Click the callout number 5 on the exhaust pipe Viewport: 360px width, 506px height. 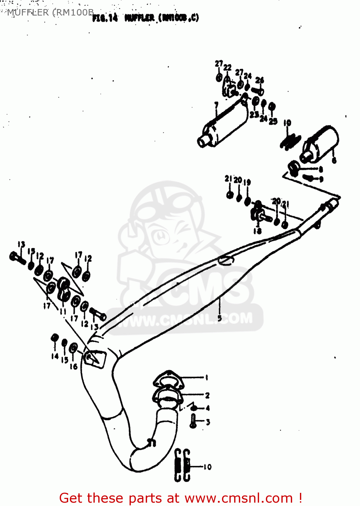point(220,318)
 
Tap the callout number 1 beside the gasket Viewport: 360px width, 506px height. point(206,377)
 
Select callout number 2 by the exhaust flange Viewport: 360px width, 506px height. point(207,395)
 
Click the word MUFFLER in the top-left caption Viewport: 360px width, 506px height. point(28,12)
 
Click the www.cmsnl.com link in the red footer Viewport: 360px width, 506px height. point(239,498)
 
